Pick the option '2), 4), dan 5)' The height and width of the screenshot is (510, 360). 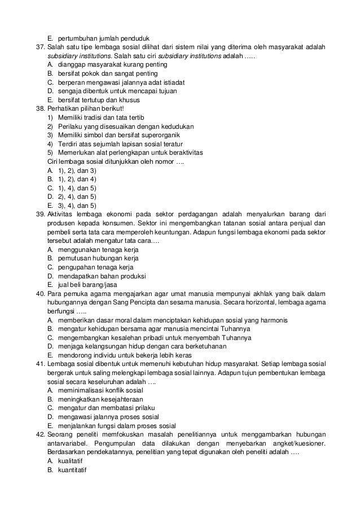pyautogui.click(x=77, y=197)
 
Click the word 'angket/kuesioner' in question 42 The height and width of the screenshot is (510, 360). pyautogui.click(x=302, y=443)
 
